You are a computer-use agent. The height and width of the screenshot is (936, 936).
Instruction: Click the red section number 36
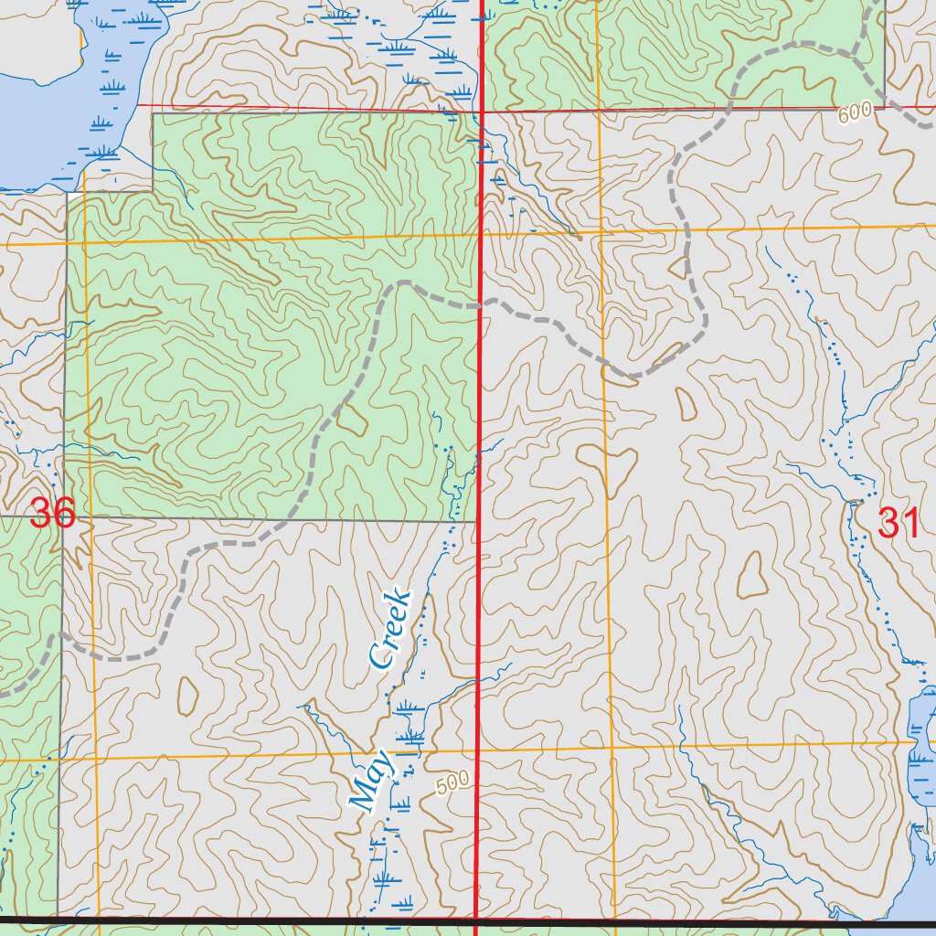point(52,514)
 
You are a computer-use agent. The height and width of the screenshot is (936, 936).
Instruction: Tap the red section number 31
point(898,523)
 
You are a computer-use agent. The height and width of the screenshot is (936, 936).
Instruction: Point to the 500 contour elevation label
point(452,782)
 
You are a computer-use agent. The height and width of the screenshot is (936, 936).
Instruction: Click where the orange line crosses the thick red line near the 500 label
point(478,752)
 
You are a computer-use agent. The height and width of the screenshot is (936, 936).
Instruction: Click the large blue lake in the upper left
point(37,91)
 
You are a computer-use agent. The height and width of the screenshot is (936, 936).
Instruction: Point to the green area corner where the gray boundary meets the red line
point(477,522)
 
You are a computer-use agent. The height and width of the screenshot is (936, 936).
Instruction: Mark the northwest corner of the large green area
point(153,113)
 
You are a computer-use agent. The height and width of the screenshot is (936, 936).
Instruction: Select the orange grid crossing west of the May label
point(95,759)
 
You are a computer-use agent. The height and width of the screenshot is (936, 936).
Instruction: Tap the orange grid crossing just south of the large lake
point(84,244)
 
